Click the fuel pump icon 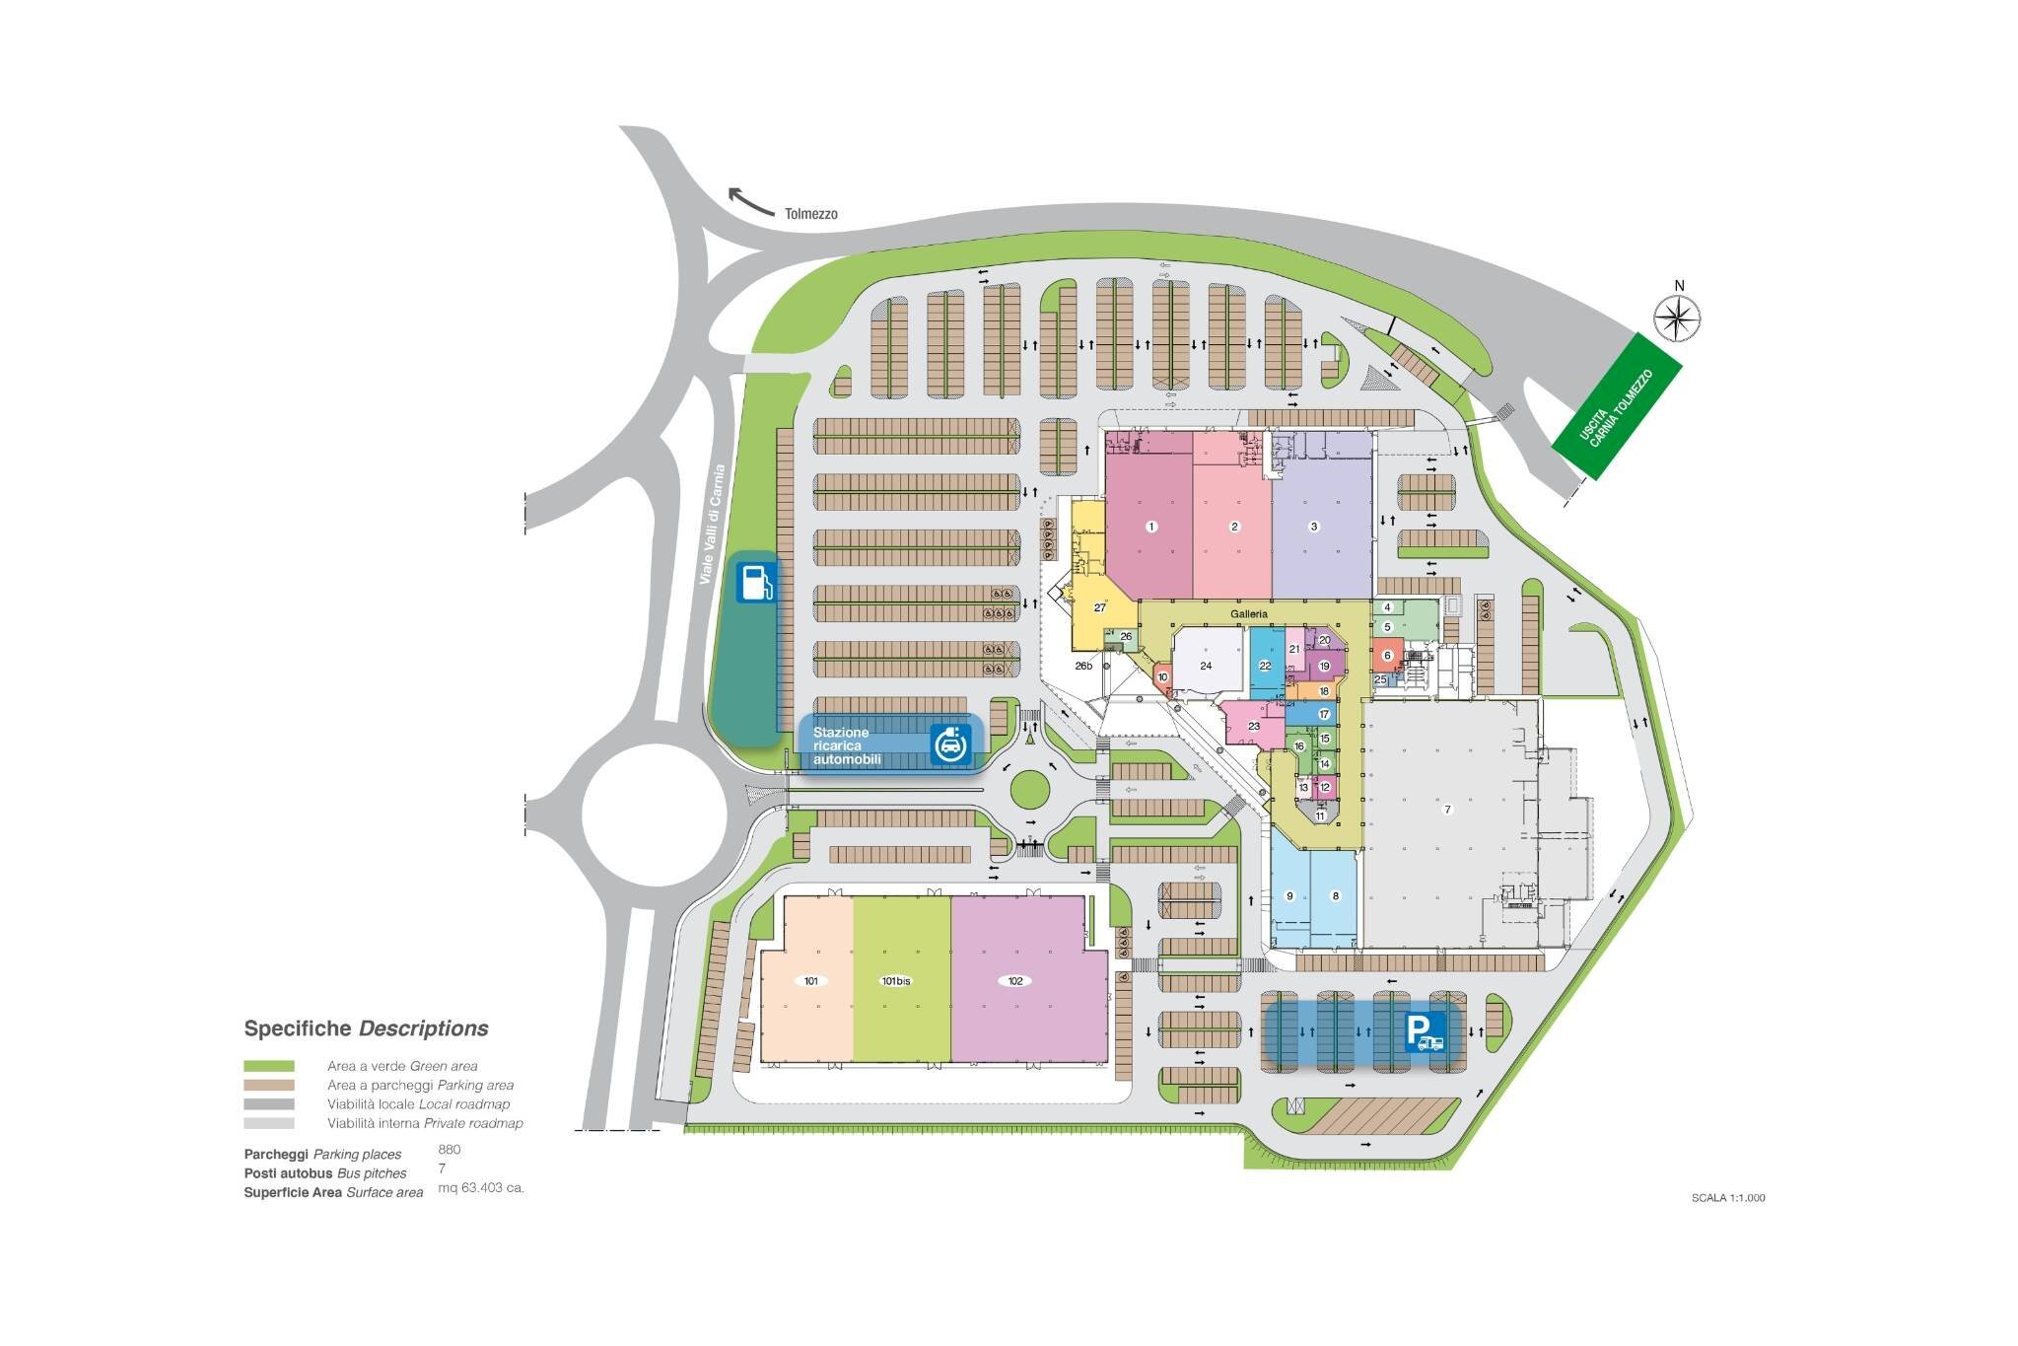point(756,583)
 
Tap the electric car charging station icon point(950,744)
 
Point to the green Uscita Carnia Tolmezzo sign point(1617,407)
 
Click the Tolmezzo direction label point(810,214)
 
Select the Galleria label point(1248,614)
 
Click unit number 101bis point(895,981)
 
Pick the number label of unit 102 point(1013,981)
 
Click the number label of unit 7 point(1447,810)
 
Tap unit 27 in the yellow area point(1100,607)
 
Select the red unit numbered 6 point(1387,656)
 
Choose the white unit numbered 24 point(1206,666)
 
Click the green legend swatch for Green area point(269,1066)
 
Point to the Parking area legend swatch point(269,1085)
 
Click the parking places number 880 point(450,1150)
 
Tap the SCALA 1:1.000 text point(1728,1198)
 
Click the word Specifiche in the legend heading point(297,1028)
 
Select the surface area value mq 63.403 point(481,1188)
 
